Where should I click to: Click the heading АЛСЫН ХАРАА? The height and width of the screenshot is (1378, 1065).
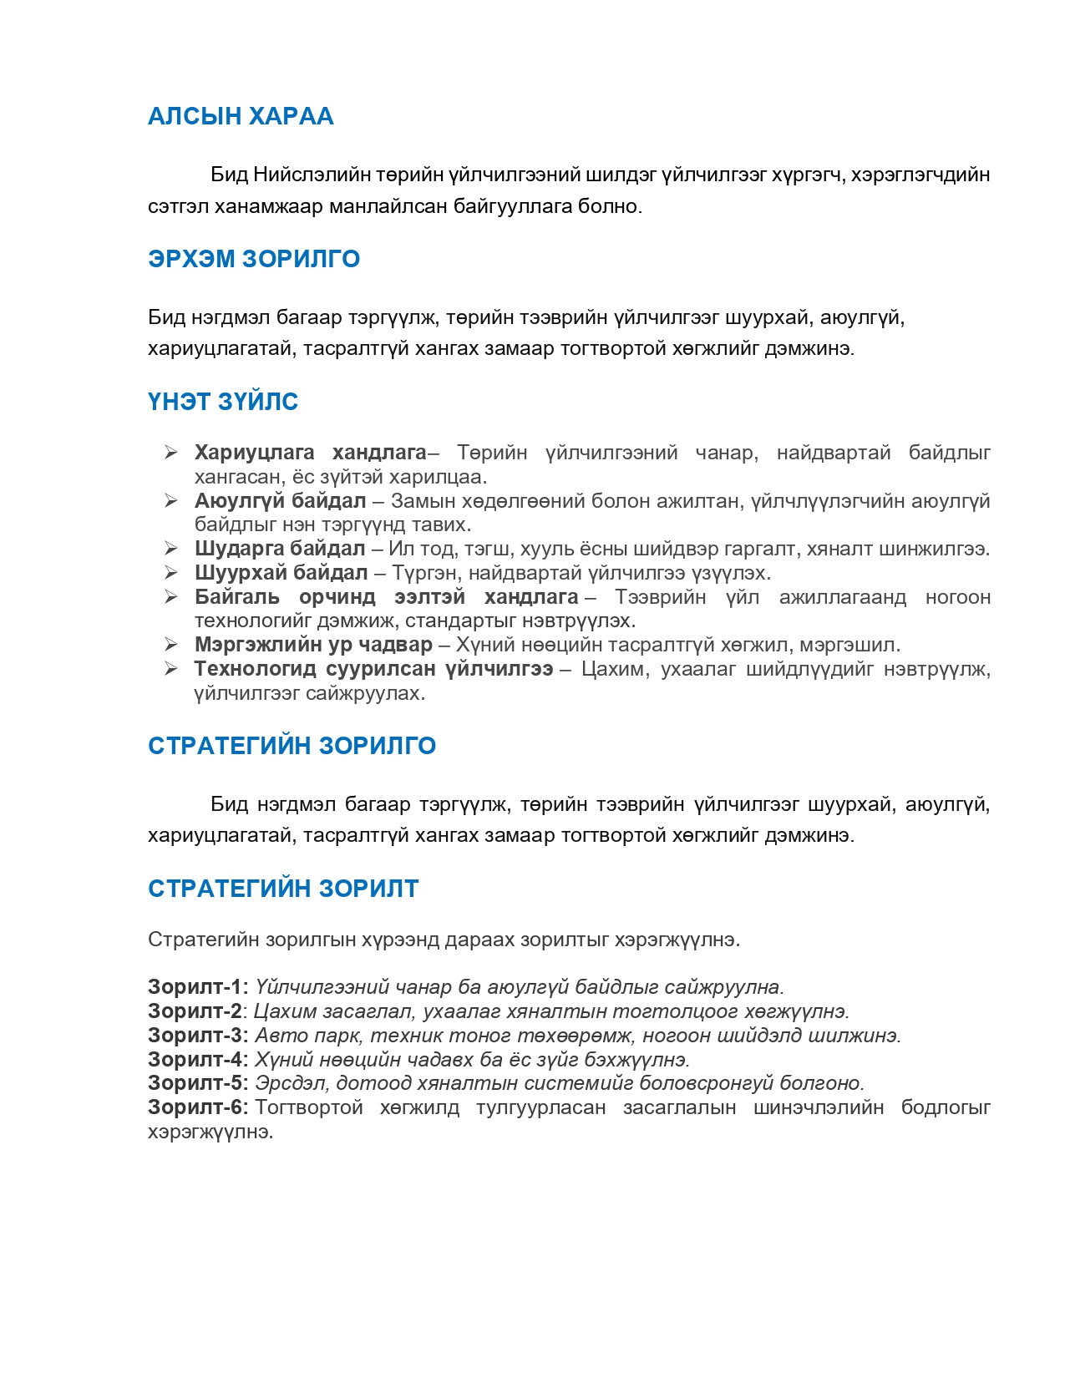pos(241,116)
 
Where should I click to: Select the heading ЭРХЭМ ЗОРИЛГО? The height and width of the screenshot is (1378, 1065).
pos(254,259)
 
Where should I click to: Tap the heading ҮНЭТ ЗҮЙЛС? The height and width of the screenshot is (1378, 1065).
pos(223,402)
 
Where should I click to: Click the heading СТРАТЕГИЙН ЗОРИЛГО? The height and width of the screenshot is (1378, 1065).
pos(292,746)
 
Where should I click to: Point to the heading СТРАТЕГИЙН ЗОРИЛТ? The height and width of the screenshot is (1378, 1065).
pos(283,889)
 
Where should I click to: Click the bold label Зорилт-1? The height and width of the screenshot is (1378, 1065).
pos(197,987)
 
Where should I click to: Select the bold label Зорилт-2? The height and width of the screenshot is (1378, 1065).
pos(195,1011)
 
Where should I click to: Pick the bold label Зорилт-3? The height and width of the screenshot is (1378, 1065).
pos(197,1036)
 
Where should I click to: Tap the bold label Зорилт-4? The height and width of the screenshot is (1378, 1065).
pos(197,1060)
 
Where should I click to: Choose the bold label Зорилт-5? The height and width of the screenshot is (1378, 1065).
pos(197,1083)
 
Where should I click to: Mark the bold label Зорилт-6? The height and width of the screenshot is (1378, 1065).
pos(197,1107)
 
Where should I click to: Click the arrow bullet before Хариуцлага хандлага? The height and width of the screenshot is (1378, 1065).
pos(171,453)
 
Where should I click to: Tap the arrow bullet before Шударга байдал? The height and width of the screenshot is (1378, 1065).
pos(171,549)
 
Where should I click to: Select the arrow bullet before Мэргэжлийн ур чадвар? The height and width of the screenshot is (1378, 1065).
pos(171,645)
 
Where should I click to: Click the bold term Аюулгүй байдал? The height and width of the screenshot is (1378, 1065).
pos(280,501)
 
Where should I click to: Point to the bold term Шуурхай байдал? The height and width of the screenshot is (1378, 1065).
pos(281,573)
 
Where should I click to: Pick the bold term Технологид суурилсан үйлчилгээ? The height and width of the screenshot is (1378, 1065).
pos(373,669)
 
